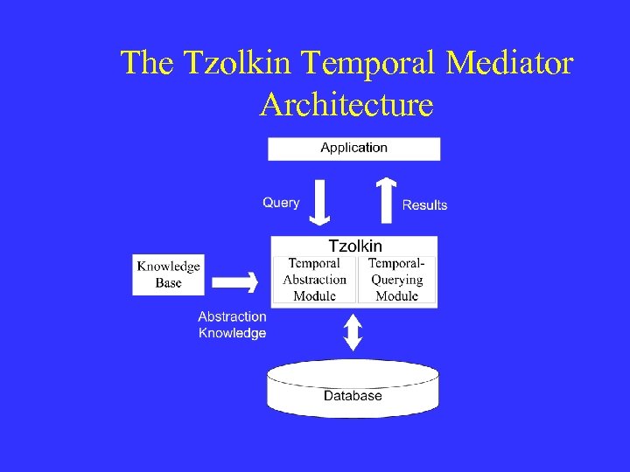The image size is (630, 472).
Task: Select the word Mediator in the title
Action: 509,63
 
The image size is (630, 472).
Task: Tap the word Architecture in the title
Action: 346,105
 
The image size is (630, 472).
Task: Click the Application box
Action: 353,148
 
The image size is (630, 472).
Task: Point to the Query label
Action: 281,203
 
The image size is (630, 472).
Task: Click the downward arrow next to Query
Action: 321,201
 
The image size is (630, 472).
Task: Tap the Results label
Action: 424,205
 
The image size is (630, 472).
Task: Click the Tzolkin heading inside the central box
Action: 354,246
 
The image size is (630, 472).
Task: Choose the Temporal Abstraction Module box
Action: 314,280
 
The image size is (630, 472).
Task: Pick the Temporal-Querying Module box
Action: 396,280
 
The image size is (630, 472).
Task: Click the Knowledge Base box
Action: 168,274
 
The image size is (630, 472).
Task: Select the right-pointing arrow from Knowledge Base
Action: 235,281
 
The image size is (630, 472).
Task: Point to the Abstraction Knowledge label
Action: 232,324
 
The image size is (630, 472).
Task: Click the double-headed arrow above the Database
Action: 352,332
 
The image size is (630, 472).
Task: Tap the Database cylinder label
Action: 353,396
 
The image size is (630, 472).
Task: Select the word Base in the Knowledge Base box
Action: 169,283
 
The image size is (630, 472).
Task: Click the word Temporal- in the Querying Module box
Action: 396,263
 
